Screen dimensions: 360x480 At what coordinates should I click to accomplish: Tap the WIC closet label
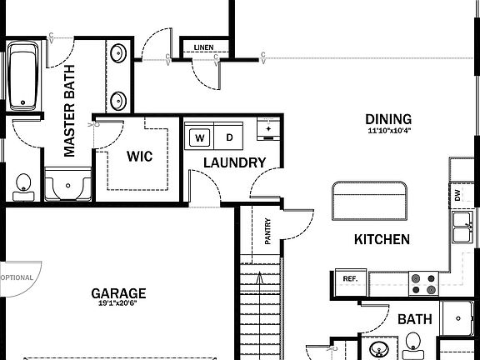click(x=139, y=157)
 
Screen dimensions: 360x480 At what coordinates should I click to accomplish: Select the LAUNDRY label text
click(x=234, y=162)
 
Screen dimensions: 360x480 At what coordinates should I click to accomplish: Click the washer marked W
click(x=200, y=137)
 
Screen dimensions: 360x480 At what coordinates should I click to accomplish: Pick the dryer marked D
click(x=228, y=137)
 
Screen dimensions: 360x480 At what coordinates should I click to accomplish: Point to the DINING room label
click(x=389, y=119)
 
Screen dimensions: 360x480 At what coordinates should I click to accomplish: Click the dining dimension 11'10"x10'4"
click(x=389, y=131)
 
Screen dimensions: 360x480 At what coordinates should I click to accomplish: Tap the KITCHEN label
click(x=382, y=240)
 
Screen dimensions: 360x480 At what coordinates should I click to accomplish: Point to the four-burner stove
click(x=422, y=284)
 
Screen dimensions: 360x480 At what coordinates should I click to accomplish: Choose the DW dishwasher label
click(x=457, y=197)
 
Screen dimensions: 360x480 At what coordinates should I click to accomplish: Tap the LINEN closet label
click(x=202, y=47)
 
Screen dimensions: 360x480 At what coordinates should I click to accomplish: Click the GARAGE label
click(x=118, y=293)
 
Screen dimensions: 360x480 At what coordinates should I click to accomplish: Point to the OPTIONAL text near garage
click(x=17, y=277)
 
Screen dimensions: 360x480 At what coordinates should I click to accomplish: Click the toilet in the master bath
click(x=23, y=185)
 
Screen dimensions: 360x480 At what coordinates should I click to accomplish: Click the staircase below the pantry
click(x=261, y=308)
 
